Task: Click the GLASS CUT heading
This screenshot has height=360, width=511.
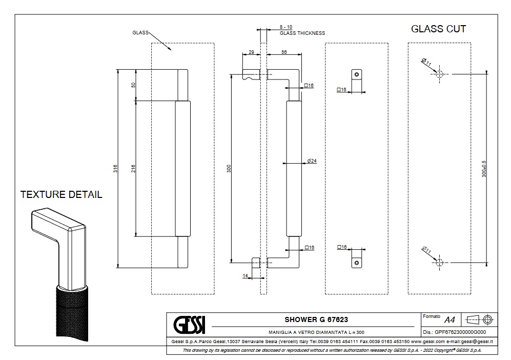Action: pos(438,29)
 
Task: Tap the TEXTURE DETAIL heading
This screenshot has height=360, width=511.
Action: pos(61,195)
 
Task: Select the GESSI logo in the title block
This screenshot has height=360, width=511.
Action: pos(189,324)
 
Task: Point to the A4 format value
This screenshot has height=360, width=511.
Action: pos(449,320)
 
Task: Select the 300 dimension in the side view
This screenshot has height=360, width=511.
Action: pos(229,168)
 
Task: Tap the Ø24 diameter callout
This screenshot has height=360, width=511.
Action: pos(312,161)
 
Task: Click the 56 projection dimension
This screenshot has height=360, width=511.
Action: pos(283,52)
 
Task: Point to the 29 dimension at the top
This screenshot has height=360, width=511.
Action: pos(251,52)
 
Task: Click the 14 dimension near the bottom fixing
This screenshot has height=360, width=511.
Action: pos(245,276)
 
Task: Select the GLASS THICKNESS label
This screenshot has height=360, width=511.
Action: pos(302,33)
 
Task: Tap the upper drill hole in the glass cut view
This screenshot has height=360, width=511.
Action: pos(439,74)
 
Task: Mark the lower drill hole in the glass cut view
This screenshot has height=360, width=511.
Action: pos(439,262)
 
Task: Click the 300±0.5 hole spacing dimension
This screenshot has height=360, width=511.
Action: pos(483,168)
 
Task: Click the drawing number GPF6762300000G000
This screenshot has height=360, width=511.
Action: pos(460,332)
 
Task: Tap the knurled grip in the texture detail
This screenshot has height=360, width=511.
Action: pos(72,313)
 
